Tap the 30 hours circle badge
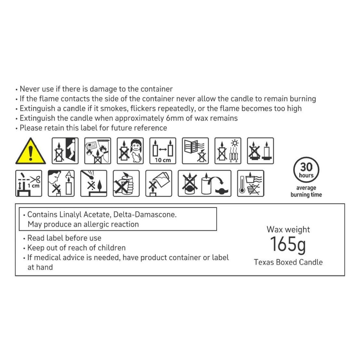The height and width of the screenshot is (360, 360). [306, 170]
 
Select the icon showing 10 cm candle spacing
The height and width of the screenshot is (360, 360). [163, 151]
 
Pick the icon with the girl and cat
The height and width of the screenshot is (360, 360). [130, 151]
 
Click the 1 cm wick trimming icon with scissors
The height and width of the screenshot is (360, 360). [28, 183]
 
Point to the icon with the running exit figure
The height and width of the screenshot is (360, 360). [65, 151]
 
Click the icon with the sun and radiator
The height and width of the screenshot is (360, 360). [228, 151]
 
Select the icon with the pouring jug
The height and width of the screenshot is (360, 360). [159, 183]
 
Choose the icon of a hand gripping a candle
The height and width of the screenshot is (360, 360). [126, 183]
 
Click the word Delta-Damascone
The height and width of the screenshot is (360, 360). [145, 215]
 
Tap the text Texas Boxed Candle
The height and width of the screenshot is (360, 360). [288, 262]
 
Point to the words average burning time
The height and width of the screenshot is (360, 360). [306, 191]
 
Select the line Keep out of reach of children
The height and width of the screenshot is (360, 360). [76, 248]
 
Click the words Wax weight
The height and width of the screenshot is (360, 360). [288, 229]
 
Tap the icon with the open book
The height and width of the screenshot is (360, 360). [195, 151]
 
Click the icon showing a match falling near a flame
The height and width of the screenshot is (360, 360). [94, 183]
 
